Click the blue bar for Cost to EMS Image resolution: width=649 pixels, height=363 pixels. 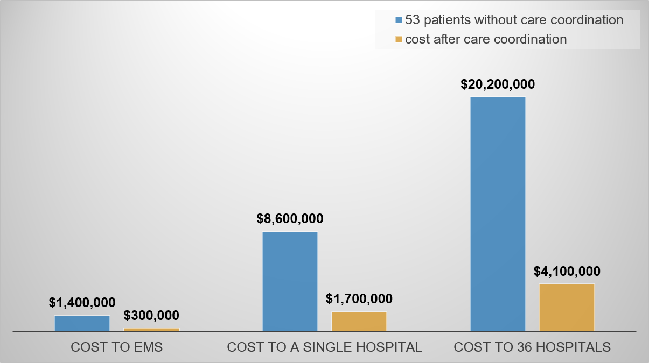[x=82, y=323]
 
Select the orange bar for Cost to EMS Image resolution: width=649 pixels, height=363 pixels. [x=151, y=329]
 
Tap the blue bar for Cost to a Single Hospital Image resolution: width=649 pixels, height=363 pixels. [x=290, y=281]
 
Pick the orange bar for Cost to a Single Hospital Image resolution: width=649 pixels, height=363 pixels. [x=359, y=321]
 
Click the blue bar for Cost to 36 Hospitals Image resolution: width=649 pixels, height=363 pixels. [x=498, y=214]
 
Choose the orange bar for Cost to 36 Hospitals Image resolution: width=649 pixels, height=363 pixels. [x=567, y=307]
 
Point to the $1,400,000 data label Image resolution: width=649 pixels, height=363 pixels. [x=82, y=303]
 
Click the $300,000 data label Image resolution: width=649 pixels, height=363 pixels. [x=151, y=315]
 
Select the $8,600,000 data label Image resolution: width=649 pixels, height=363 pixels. [x=290, y=219]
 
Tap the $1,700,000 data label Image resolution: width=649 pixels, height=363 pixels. [x=359, y=298]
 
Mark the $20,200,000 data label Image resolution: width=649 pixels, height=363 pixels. [x=498, y=84]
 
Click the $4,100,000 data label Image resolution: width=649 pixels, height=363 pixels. [x=567, y=271]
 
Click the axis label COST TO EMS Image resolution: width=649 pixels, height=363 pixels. [x=117, y=347]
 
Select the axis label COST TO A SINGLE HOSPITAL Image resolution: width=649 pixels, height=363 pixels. [x=324, y=347]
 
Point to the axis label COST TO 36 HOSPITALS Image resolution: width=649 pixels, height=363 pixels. [x=532, y=347]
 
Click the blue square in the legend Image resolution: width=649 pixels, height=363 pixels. [x=399, y=20]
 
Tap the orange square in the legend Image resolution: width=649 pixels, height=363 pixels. [x=399, y=39]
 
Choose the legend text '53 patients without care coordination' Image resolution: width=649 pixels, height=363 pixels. [x=514, y=20]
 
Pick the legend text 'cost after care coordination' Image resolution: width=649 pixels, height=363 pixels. [x=485, y=39]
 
